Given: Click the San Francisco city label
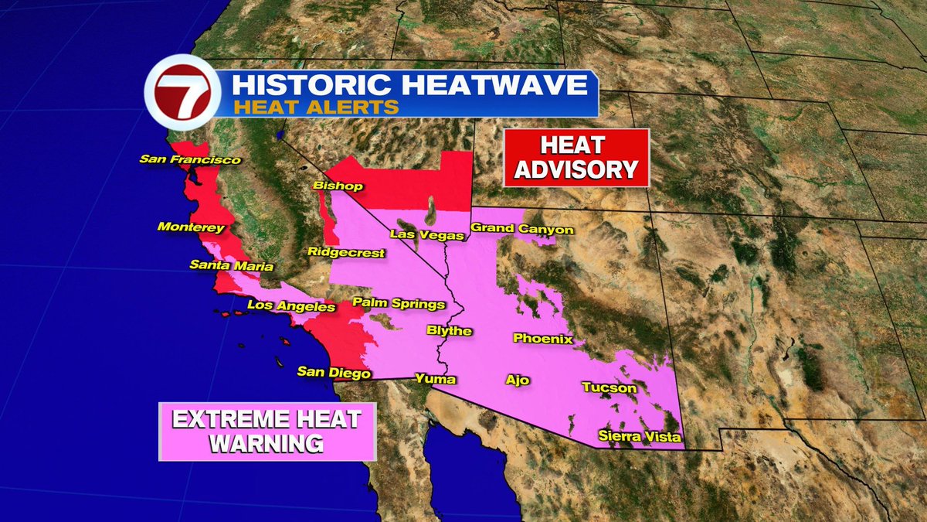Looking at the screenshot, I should [x=190, y=160].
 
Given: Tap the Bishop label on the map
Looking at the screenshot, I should [x=332, y=186].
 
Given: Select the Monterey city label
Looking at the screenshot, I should [x=191, y=227].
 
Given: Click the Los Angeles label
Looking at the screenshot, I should [x=291, y=306].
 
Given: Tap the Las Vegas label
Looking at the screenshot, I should [x=426, y=234].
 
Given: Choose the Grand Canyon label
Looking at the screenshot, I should [x=522, y=229].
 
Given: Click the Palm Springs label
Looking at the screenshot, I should [x=399, y=303].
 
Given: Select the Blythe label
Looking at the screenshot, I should [x=450, y=331].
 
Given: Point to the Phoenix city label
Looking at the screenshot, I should [x=543, y=339].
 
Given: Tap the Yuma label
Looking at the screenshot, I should [x=436, y=379].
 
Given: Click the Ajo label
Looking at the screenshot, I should [x=517, y=380].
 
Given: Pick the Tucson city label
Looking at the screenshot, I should [x=610, y=387].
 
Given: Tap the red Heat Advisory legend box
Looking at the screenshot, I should [x=576, y=158].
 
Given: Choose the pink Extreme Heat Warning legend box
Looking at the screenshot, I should [x=267, y=432].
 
